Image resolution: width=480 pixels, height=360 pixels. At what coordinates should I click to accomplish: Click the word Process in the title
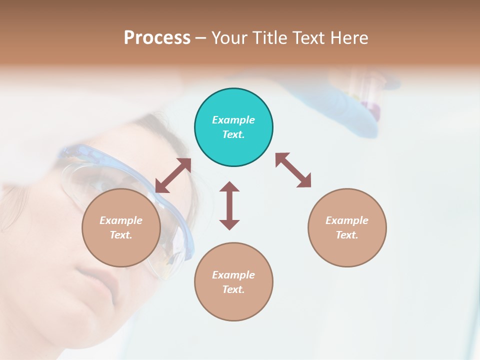point(157,38)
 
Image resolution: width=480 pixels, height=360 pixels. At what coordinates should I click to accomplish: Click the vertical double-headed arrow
point(229,205)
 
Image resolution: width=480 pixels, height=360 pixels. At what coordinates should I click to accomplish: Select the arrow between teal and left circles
point(173,175)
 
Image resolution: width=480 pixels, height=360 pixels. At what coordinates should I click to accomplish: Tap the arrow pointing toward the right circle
point(293,170)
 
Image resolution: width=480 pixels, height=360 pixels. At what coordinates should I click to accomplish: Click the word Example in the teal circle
point(233,120)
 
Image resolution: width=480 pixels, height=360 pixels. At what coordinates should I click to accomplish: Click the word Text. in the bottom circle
point(233,289)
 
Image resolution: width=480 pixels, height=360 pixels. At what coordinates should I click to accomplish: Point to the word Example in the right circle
point(347,220)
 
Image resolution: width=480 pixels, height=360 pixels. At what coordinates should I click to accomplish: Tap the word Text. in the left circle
point(121,235)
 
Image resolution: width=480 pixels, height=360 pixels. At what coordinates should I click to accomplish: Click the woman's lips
point(97,280)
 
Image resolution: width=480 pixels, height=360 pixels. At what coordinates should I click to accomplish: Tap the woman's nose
point(75,250)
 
